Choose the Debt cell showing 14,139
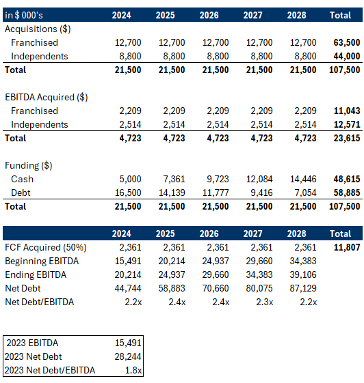point(172,193)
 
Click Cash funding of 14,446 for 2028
point(303,179)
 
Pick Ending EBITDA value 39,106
point(303,274)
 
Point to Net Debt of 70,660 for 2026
point(216,288)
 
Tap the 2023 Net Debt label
point(34,356)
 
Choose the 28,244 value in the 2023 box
point(128,356)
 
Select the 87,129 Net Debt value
point(303,288)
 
